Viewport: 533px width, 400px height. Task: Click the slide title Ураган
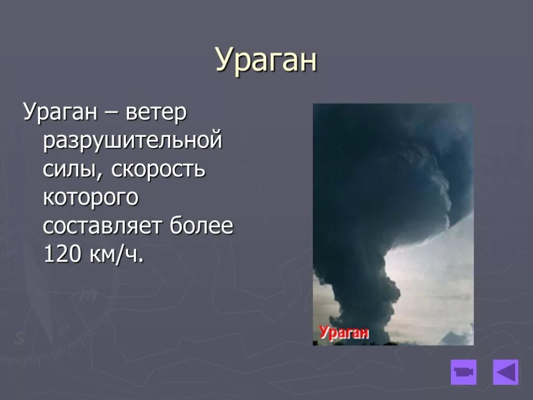(x=266, y=60)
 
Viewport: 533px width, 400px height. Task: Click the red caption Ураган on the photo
(x=344, y=332)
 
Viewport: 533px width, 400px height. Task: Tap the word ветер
(x=156, y=113)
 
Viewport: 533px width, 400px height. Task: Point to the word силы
(x=71, y=169)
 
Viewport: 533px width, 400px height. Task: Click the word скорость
(x=158, y=169)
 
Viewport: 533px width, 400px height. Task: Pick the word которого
(x=91, y=197)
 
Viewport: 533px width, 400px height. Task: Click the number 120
(x=62, y=254)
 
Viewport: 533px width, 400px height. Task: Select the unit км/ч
(x=117, y=254)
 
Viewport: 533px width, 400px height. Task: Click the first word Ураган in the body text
(x=60, y=113)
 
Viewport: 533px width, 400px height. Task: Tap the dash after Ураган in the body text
(x=111, y=114)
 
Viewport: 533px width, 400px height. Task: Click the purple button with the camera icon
(x=464, y=372)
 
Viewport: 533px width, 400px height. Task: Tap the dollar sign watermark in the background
(x=20, y=338)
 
